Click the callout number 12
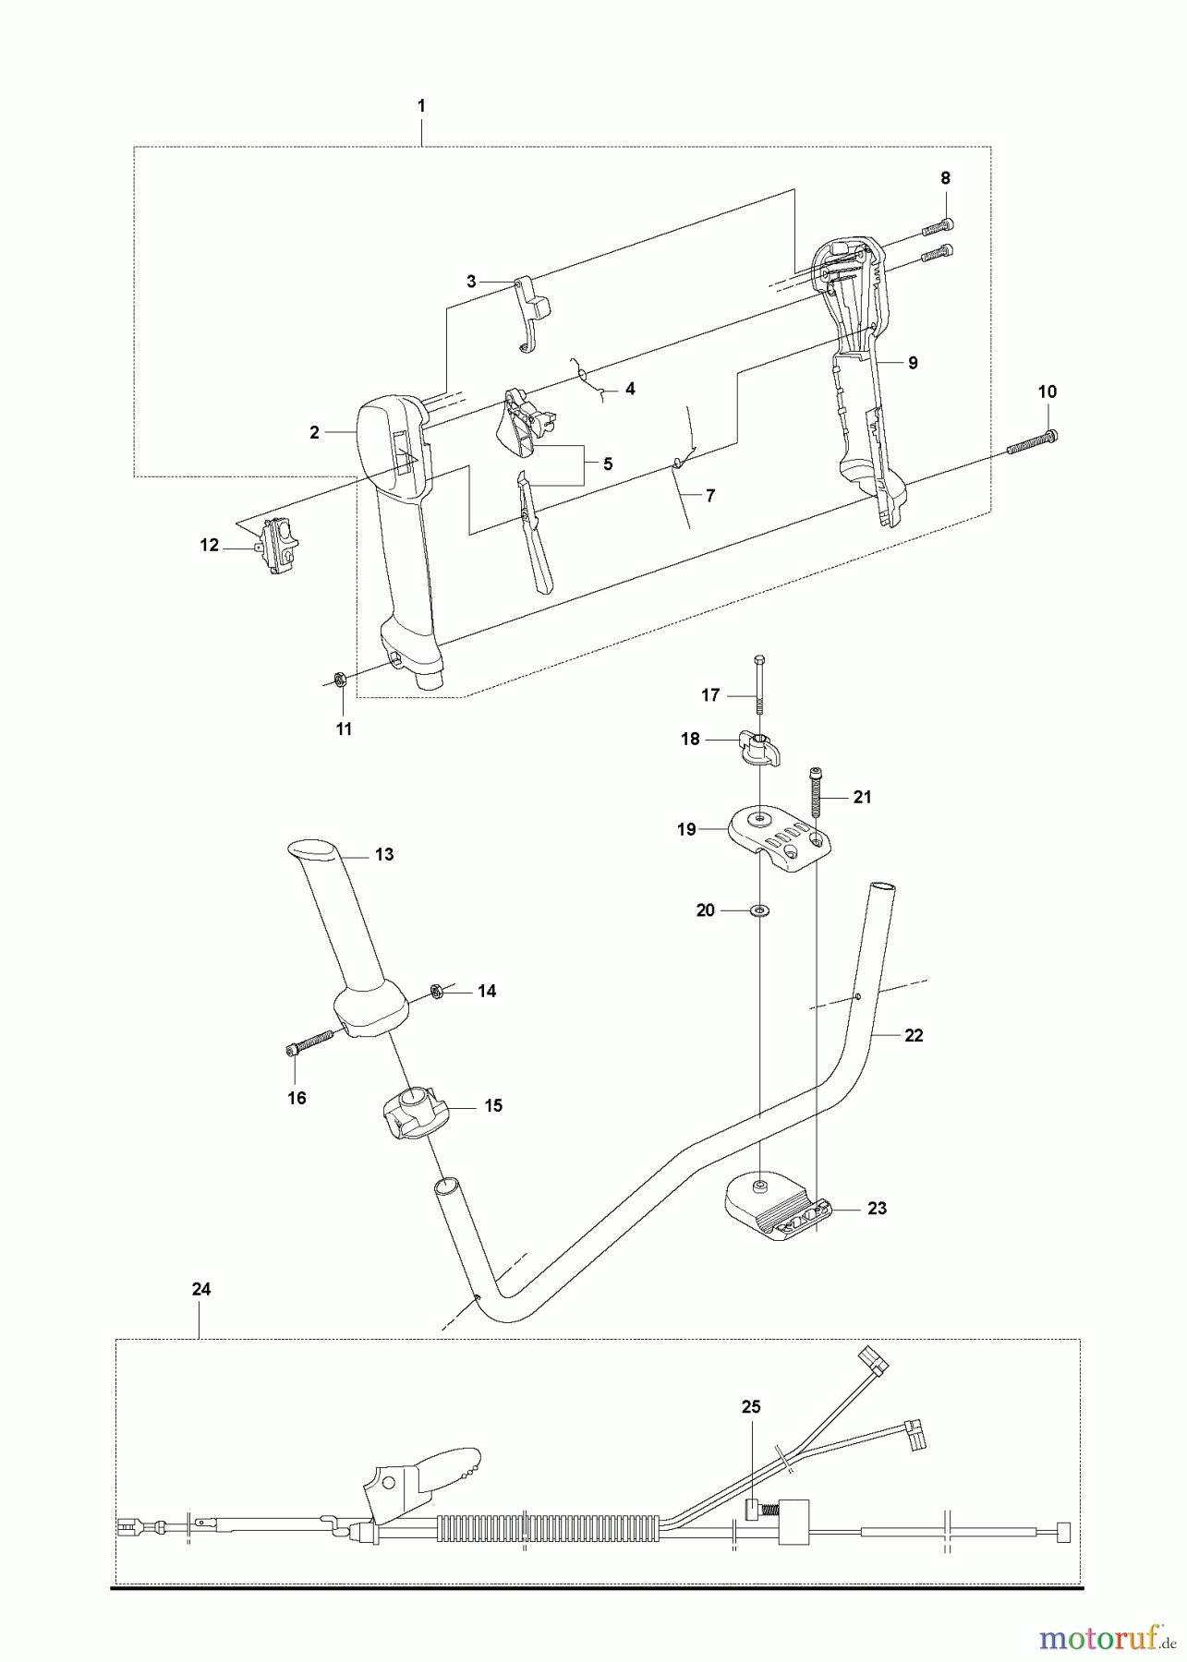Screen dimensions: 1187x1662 210,546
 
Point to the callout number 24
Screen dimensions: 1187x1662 201,1289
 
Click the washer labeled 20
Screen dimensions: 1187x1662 760,911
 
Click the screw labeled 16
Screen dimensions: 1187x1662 309,1042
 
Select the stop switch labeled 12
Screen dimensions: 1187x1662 278,547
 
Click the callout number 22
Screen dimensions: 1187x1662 914,1036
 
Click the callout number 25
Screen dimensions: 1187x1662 751,1406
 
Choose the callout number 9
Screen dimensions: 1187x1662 913,363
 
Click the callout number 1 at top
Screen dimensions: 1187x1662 421,106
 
